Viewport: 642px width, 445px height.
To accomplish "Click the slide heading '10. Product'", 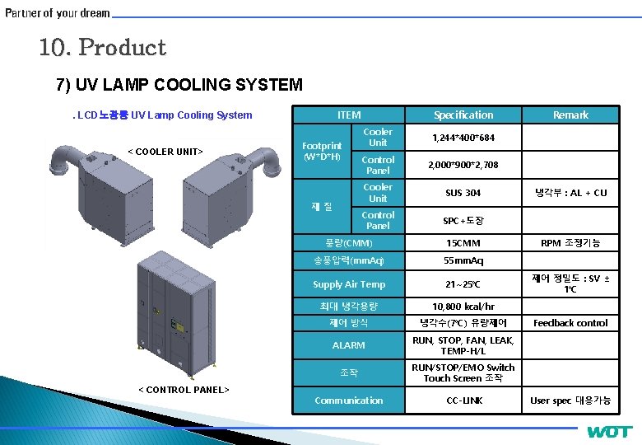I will point(102,48).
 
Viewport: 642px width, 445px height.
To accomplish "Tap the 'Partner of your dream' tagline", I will point(58,13).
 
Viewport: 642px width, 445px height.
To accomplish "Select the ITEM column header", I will point(349,115).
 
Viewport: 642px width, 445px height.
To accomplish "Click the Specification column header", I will point(463,115).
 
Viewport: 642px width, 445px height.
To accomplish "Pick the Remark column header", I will point(570,115).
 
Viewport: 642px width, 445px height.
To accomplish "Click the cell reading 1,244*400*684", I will point(463,138).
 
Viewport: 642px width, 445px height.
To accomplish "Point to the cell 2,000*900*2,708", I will point(463,165).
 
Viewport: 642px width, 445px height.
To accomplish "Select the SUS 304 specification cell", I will point(463,193).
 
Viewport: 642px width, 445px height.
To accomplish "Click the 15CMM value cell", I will point(463,243).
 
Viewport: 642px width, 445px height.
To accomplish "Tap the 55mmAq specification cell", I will point(463,260).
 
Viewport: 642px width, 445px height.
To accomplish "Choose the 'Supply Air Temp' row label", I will point(349,284).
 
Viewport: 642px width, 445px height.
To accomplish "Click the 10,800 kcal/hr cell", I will point(463,306).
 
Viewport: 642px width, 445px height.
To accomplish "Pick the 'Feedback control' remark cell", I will point(570,323).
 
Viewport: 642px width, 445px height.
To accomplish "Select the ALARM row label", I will point(349,345).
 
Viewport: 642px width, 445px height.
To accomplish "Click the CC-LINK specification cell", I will point(463,400).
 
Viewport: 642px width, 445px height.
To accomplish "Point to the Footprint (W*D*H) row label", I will point(322,151).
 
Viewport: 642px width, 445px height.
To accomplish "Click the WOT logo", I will point(609,432).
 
